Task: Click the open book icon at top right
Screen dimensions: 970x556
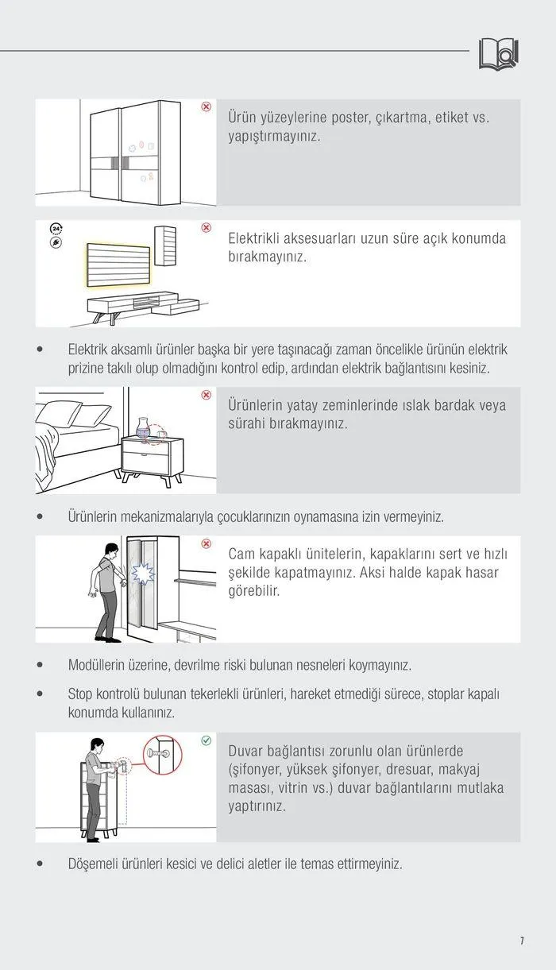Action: coord(498,53)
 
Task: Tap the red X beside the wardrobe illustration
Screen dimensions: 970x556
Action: coord(206,106)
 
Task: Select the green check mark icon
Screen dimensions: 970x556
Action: coord(206,740)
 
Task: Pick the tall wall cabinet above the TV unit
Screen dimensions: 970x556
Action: coord(166,246)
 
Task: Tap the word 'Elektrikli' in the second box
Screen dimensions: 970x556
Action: coord(259,238)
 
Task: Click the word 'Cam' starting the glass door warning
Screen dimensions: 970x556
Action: coord(243,554)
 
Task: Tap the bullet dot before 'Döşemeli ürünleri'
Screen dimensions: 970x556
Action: coord(40,864)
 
